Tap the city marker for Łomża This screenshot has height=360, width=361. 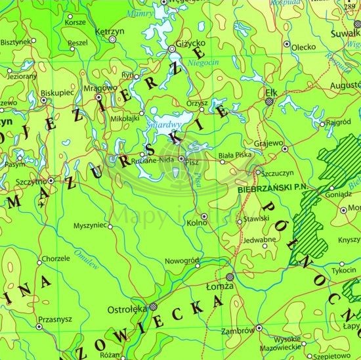click(229, 277)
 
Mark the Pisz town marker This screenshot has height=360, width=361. click(180, 158)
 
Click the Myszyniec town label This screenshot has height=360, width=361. click(89, 225)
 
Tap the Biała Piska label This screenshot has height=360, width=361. click(233, 156)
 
